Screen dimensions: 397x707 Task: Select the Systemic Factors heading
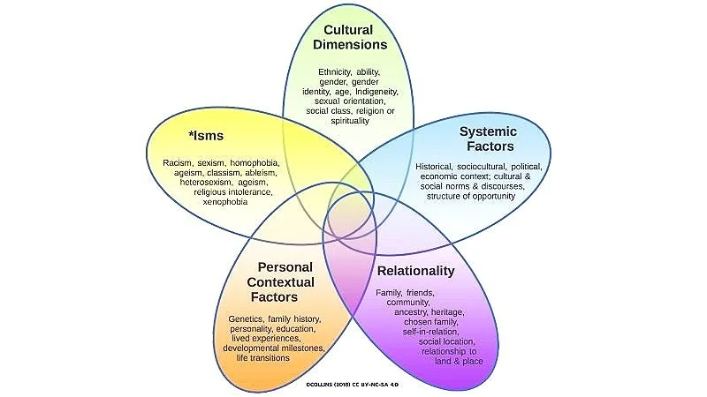pos(488,139)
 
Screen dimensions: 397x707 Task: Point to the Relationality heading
pos(415,271)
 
